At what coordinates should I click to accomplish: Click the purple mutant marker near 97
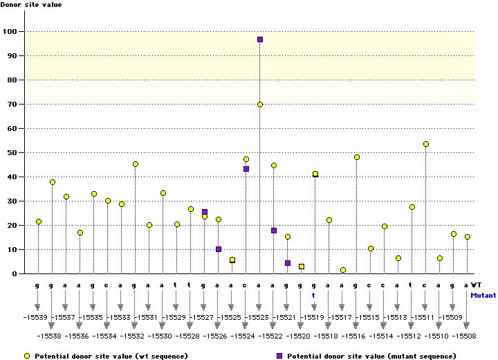260,39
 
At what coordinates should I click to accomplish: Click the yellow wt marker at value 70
260,105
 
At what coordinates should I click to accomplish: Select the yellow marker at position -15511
426,144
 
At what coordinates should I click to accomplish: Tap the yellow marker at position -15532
136,164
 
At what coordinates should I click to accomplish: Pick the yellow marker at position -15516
357,157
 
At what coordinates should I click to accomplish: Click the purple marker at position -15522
274,231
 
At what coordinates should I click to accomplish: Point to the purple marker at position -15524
246,169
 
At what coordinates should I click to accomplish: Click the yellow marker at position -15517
343,270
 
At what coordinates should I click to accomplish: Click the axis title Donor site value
31,5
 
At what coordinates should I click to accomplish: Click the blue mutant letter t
313,294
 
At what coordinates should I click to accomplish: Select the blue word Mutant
483,294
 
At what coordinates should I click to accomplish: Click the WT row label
477,285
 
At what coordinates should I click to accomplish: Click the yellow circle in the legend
27,355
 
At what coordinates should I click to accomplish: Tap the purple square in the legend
279,355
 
